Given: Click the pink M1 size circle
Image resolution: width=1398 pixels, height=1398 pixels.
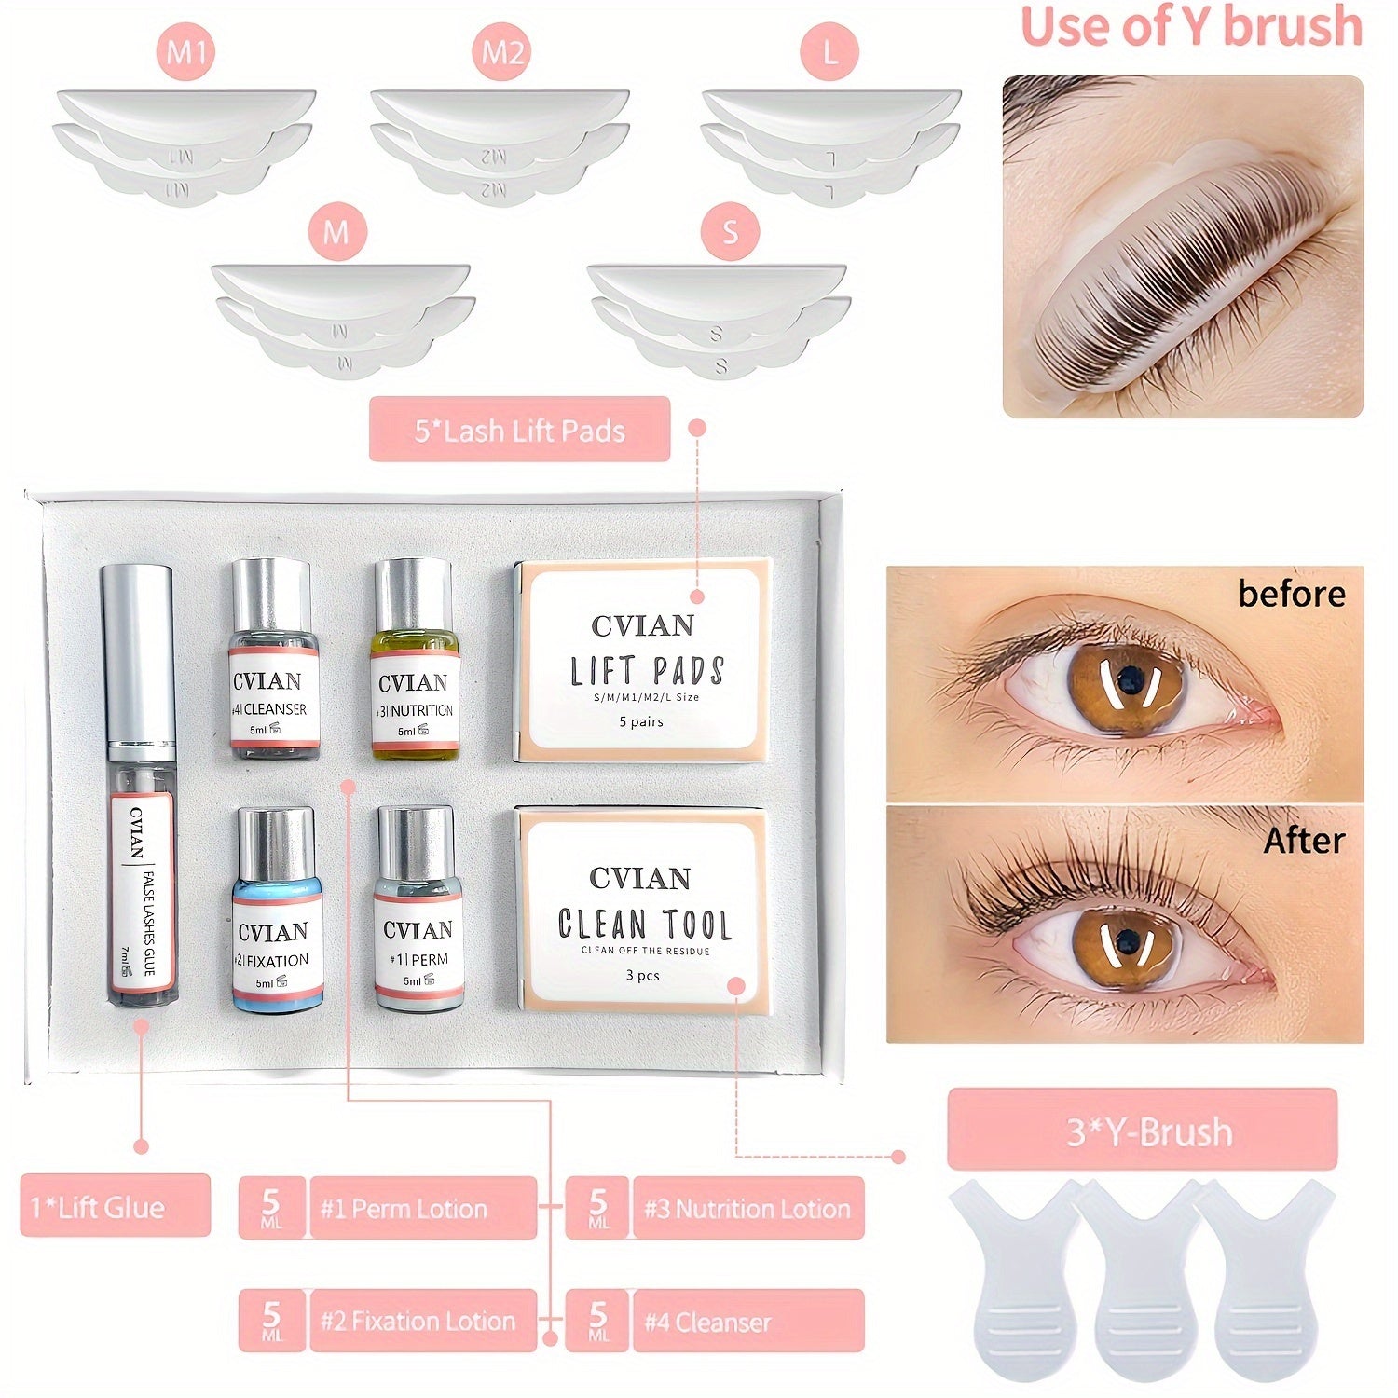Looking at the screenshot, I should coord(186,53).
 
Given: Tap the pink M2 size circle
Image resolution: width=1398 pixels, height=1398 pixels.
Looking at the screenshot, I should coord(502,53).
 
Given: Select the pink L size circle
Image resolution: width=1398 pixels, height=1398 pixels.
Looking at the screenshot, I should coord(829,53).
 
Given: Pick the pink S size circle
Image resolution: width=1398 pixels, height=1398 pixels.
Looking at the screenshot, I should coord(730,231).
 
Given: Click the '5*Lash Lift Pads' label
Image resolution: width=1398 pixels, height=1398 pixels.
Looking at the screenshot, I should coord(519,430).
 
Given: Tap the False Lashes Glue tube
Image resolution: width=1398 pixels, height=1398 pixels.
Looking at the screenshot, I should coord(141,788).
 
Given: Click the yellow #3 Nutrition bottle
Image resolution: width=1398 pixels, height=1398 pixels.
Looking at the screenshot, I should coord(415,660).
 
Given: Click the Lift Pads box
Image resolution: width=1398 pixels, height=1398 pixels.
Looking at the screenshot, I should coord(642,660).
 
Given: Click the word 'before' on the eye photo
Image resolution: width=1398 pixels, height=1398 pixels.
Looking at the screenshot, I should coord(1291,595).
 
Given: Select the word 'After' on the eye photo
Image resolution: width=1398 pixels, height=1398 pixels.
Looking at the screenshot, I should coord(1303,841).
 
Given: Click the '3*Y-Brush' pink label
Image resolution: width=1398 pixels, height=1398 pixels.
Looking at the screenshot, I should coord(1142,1131).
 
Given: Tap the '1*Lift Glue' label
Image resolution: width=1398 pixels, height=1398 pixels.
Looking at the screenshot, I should coord(115,1206).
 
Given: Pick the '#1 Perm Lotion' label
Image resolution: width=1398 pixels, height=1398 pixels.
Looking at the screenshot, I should coord(421,1209).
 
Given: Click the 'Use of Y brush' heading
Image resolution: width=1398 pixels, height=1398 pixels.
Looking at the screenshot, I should coord(1191,28).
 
